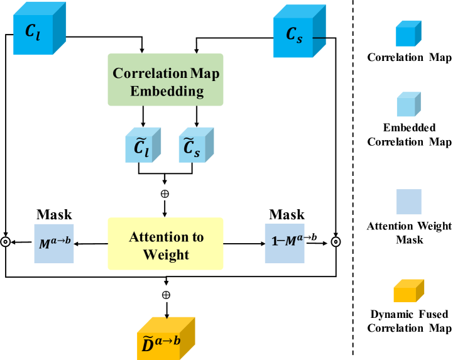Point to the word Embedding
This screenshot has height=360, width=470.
[167, 91]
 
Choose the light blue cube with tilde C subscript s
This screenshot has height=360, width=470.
[194, 148]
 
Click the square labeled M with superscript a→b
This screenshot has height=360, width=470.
[53, 243]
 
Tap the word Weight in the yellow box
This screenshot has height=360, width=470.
[166, 254]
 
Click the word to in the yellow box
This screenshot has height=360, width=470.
[197, 237]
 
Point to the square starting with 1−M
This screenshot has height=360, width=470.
[285, 243]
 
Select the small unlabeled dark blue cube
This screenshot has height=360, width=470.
[407, 35]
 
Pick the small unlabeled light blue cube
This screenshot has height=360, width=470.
[407, 106]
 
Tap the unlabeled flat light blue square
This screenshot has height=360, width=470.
[408, 202]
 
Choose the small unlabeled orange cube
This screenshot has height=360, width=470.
[407, 292]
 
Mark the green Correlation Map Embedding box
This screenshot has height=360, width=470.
[165, 79]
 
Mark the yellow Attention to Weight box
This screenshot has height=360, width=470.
[165, 244]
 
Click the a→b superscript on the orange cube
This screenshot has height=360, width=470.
[168, 340]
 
